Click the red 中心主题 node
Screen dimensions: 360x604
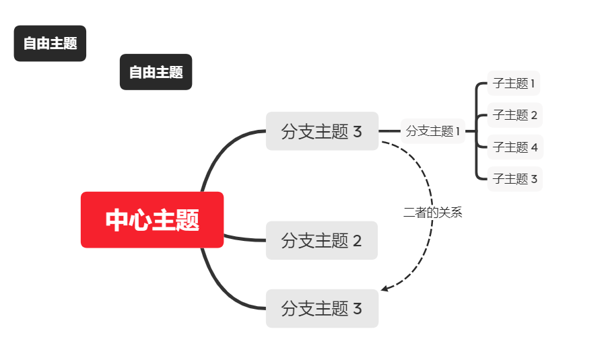coord(152,220)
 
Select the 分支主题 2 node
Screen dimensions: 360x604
coord(321,240)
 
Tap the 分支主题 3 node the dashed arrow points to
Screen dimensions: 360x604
coord(321,309)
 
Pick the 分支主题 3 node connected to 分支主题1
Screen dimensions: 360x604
coord(321,131)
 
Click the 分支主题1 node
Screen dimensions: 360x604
coord(433,131)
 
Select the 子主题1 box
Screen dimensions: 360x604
coord(514,84)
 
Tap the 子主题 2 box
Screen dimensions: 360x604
coord(514,115)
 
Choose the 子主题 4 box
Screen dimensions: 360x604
coord(514,147)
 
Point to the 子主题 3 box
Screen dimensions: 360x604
coord(514,179)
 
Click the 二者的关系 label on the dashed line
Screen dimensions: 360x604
coord(433,213)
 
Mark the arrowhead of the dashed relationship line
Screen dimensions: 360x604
coord(384,289)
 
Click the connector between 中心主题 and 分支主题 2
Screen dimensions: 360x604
coord(244,238)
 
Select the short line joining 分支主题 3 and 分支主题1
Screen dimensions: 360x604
coord(389,131)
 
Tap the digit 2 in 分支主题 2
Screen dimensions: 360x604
coord(358,241)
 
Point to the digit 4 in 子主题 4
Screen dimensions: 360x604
coord(534,147)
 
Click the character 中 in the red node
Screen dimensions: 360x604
coord(116,221)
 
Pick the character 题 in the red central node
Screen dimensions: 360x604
coord(188,221)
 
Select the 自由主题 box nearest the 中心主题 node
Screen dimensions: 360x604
coord(156,72)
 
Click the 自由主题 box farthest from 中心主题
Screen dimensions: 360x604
coord(50,44)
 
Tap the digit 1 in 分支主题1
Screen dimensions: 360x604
coord(458,131)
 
